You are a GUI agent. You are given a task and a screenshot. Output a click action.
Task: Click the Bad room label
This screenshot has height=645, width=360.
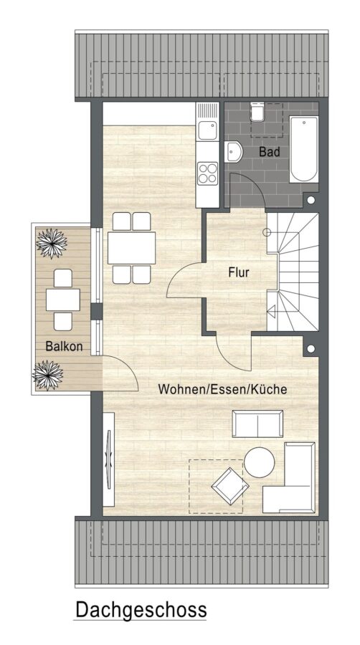(x=269, y=151)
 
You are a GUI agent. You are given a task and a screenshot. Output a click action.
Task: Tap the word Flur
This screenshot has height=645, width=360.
(x=239, y=272)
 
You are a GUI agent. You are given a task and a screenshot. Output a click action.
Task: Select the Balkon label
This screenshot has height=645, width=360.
(x=64, y=346)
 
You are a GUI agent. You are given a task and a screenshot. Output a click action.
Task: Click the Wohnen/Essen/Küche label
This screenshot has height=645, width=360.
(x=222, y=389)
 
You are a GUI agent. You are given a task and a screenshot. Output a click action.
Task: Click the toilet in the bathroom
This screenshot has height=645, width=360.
(x=257, y=112)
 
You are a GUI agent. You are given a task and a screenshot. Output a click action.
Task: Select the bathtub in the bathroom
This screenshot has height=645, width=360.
(x=304, y=149)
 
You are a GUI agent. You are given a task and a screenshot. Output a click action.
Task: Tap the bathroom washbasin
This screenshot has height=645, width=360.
(x=233, y=152)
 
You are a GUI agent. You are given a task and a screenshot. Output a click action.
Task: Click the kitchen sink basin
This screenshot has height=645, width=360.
(x=207, y=131)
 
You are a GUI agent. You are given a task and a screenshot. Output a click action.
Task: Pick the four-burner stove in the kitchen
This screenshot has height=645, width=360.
(x=207, y=173)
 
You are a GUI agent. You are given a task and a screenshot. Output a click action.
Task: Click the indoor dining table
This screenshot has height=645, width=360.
(x=132, y=248)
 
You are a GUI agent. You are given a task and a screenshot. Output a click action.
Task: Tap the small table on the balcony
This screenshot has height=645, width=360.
(x=63, y=300)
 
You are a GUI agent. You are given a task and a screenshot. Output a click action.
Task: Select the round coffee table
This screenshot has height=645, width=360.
(x=259, y=462)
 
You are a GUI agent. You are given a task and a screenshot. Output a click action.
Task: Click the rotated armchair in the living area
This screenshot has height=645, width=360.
(x=230, y=486)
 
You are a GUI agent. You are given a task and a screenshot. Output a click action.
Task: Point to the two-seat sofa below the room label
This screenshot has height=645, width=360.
(x=257, y=424)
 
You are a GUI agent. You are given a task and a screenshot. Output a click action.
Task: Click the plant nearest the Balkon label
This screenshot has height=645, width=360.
(x=48, y=375)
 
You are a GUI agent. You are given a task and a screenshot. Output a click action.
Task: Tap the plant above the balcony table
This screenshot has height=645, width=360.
(x=52, y=244)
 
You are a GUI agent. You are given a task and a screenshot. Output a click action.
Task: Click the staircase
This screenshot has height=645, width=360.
(x=293, y=272)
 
